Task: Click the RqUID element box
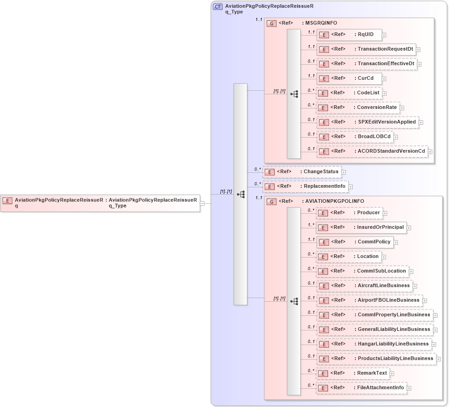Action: click(349, 35)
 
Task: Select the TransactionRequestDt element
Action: click(365, 49)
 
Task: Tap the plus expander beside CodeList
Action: click(384, 93)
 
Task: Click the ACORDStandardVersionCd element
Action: click(372, 151)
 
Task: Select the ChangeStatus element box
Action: click(302, 172)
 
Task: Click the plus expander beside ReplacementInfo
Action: click(350, 187)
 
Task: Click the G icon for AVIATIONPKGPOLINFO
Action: click(271, 201)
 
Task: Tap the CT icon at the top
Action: click(218, 7)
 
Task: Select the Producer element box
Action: click(349, 213)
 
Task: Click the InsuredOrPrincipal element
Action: click(361, 227)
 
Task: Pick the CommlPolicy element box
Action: click(355, 242)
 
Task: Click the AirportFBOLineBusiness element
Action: click(369, 300)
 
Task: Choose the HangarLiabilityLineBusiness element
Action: click(374, 344)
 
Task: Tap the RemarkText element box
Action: click(353, 373)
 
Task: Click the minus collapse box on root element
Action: click(202, 204)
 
